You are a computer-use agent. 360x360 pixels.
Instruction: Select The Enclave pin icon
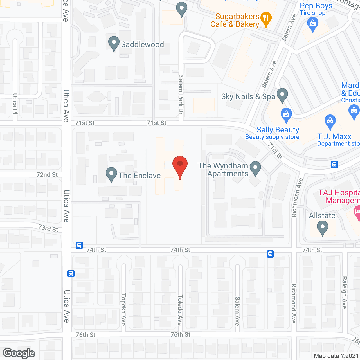(x=111, y=174)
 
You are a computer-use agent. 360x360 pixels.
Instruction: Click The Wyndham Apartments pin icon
(x=255, y=168)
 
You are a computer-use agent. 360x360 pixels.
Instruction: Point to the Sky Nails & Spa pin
(x=282, y=95)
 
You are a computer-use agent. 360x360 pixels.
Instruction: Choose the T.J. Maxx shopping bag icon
(x=330, y=121)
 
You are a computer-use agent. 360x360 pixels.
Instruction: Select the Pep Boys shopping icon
(x=312, y=24)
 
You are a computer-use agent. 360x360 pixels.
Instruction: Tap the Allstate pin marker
(x=323, y=227)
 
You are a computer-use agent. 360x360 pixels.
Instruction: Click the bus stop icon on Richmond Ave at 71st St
(x=334, y=165)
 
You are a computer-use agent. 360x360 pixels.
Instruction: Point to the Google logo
(x=19, y=353)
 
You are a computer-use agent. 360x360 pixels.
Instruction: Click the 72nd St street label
(x=47, y=175)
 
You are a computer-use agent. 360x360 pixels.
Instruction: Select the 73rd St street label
(x=48, y=228)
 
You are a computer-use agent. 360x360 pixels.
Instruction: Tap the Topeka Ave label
(x=123, y=309)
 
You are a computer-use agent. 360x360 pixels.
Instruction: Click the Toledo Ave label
(x=180, y=310)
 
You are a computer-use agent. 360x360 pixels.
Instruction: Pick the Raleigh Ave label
(x=345, y=292)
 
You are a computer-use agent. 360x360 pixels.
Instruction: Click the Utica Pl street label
(x=15, y=103)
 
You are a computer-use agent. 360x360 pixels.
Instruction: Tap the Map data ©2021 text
(x=336, y=356)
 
